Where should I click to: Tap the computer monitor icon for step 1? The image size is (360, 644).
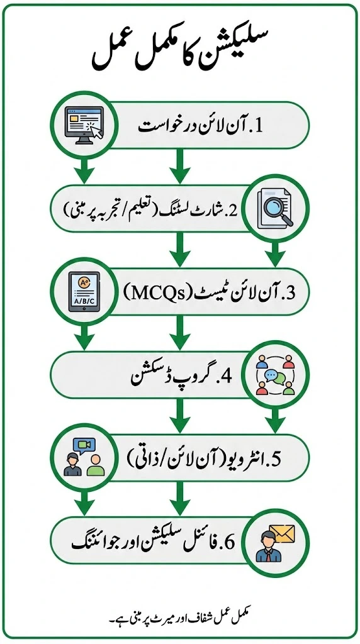(85, 125)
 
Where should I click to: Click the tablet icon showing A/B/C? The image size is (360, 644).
(84, 292)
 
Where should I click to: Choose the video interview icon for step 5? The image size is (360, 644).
(84, 457)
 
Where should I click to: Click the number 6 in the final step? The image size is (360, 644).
(230, 543)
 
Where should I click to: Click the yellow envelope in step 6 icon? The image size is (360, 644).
(283, 533)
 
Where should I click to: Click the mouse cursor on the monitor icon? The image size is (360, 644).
(95, 132)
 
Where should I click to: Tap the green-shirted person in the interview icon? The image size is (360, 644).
(95, 465)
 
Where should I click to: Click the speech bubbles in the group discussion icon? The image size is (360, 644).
(275, 375)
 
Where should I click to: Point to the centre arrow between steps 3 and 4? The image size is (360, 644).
(179, 332)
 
